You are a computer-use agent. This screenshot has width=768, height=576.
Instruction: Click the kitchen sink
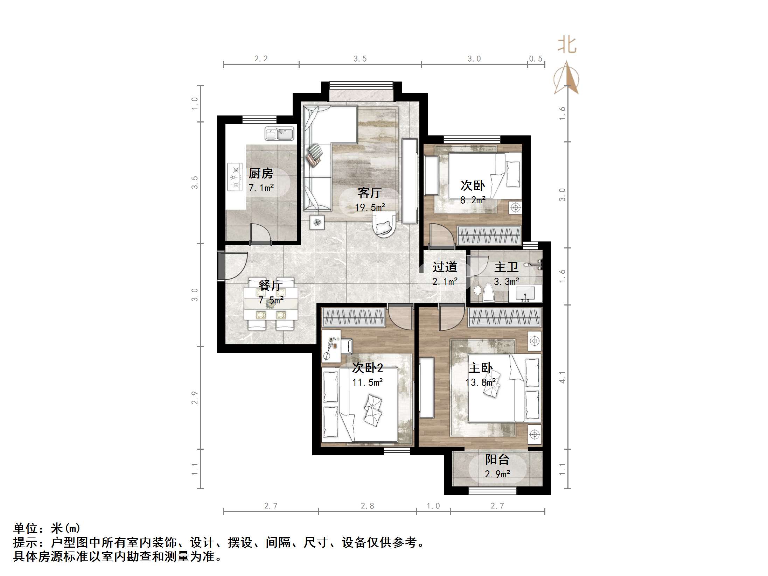(x=279, y=134)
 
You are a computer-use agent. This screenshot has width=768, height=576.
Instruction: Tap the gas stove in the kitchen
(x=235, y=177)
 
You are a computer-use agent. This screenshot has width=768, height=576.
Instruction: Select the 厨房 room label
(x=261, y=173)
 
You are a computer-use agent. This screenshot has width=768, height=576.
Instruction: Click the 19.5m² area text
(x=370, y=208)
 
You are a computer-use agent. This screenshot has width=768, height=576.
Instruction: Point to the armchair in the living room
(x=384, y=224)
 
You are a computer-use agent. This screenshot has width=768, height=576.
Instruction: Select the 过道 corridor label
(x=445, y=267)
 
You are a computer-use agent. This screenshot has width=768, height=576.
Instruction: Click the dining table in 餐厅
(x=271, y=303)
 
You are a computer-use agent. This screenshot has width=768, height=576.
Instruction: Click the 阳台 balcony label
(x=497, y=460)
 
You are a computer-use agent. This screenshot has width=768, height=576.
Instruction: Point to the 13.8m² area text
(x=480, y=382)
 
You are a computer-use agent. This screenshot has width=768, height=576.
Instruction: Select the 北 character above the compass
(x=567, y=46)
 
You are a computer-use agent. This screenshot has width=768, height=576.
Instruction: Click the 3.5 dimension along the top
(x=360, y=59)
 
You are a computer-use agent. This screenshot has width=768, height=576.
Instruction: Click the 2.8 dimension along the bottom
(x=367, y=506)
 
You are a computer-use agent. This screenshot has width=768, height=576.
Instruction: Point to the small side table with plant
(x=317, y=222)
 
